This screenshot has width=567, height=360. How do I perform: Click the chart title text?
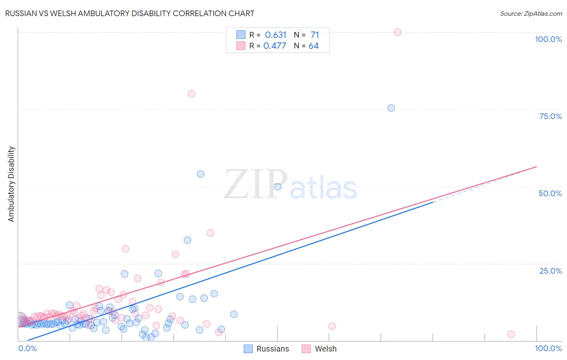129,13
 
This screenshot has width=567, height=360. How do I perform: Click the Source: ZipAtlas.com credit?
531,13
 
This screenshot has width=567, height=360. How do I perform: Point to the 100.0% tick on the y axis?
548,39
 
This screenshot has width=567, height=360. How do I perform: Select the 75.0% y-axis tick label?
550,116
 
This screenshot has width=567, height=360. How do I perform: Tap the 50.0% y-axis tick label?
550,193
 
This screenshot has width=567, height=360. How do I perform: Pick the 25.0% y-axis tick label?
550,271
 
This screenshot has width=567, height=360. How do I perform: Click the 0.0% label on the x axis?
27,348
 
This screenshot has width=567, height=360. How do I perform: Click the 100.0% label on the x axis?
548,348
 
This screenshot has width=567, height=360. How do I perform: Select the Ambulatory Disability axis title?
11,184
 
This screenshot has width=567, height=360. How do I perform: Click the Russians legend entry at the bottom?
267,349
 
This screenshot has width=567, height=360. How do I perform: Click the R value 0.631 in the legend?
275,35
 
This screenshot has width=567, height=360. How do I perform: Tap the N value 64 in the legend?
313,46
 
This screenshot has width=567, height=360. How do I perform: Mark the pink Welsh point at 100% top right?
398,32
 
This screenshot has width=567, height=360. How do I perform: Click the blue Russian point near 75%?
391,108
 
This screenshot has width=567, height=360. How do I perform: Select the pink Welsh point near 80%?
192,94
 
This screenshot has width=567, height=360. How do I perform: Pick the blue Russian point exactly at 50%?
278,186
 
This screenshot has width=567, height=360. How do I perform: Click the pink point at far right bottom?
511,334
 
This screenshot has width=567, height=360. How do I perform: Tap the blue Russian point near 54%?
200,174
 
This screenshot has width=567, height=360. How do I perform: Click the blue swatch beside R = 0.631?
241,35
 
